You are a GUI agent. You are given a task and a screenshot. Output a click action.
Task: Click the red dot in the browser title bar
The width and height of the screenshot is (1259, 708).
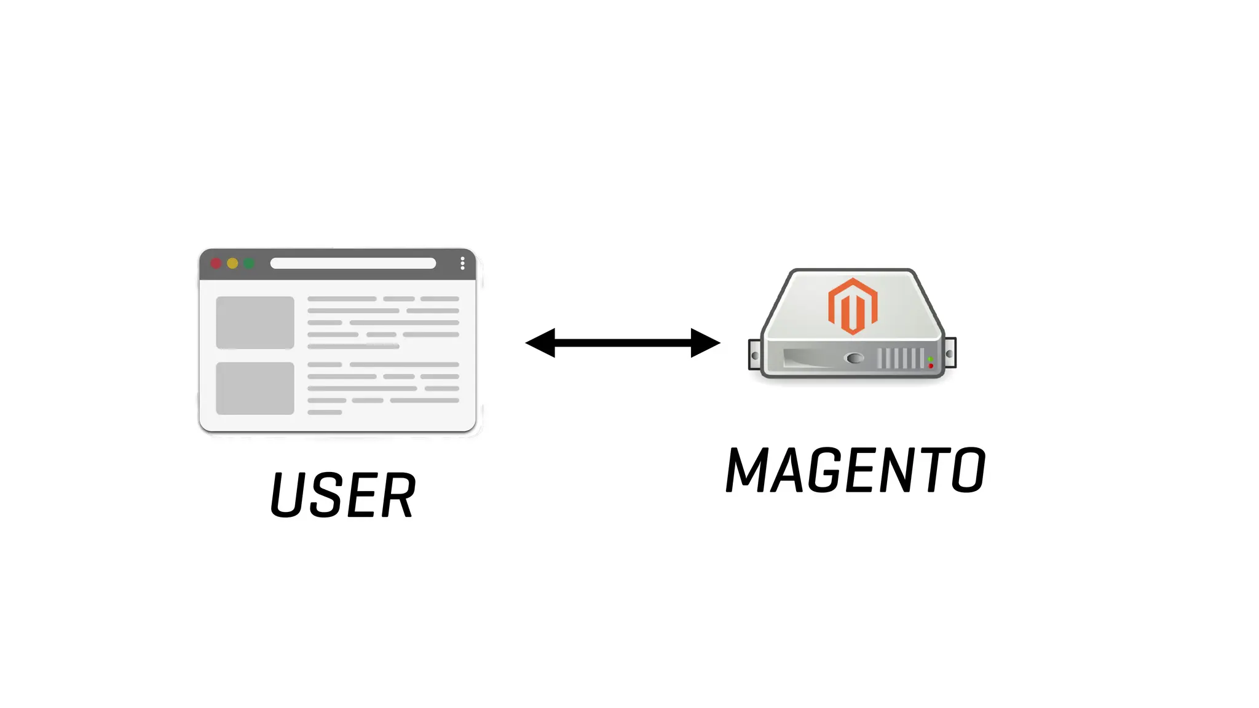point(216,264)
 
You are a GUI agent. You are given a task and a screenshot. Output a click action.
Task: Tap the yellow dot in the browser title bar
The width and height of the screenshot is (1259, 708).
point(232,264)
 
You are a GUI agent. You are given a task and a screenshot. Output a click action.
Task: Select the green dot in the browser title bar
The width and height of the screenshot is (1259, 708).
point(249,264)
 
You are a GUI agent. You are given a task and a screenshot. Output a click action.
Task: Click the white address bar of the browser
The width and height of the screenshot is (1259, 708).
point(353,264)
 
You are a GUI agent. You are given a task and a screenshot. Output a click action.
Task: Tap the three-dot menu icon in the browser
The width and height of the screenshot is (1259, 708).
point(462,264)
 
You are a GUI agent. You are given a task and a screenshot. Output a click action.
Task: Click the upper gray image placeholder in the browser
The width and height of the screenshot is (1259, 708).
point(255,323)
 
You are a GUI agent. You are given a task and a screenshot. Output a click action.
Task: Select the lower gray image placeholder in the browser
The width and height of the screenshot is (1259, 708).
point(255,388)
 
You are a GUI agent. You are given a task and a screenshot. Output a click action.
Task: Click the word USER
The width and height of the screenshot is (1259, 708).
point(343,495)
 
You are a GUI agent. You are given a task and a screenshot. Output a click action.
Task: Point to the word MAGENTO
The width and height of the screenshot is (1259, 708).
point(855,470)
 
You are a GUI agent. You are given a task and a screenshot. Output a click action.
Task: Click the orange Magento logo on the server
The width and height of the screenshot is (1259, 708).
point(853,306)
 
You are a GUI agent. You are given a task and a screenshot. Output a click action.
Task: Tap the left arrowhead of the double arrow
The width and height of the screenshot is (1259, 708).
point(541,343)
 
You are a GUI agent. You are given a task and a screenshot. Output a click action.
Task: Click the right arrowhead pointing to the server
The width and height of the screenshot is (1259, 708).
point(704,343)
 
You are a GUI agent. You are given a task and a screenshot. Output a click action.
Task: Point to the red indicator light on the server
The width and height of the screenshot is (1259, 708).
point(931,366)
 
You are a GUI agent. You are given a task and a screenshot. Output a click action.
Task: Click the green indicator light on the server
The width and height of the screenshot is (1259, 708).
point(930,359)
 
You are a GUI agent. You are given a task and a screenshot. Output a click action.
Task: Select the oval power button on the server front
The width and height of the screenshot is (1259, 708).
point(854,358)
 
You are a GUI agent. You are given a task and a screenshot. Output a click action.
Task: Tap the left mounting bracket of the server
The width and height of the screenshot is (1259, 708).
point(754,355)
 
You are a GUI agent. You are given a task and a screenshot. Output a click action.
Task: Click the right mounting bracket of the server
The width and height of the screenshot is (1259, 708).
point(950,354)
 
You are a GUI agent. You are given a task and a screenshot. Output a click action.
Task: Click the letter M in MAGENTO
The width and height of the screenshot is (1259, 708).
point(747,470)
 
